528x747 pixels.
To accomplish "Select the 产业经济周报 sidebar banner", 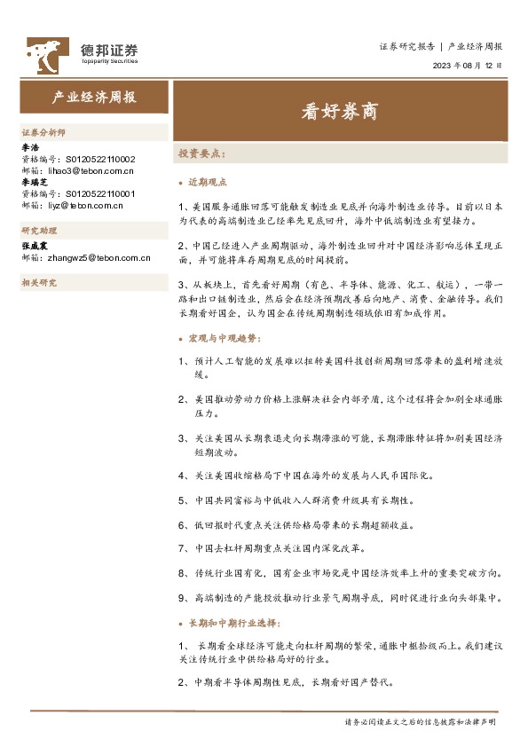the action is (x=94, y=98).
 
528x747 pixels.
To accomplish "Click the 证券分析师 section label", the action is (x=43, y=130).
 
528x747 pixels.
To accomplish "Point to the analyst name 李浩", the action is (x=30, y=147).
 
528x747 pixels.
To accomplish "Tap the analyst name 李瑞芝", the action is (x=34, y=181).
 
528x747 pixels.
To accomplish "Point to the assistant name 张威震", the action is (x=34, y=245).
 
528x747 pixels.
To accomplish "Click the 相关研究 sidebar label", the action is (x=39, y=282).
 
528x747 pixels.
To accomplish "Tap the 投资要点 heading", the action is (x=200, y=153).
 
